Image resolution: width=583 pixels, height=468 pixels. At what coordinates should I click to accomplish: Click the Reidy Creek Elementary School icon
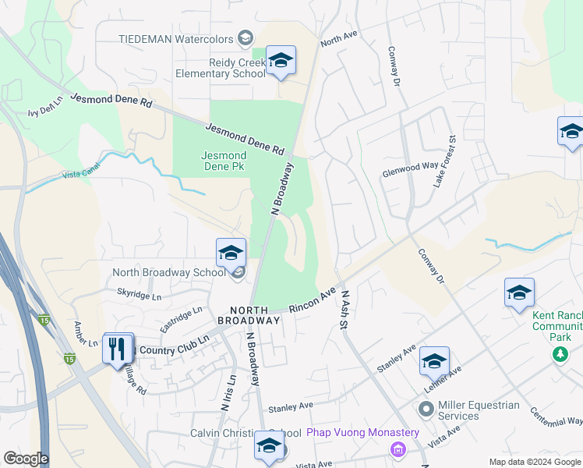(x=281, y=60)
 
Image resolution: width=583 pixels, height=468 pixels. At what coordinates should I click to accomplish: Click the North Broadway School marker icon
(x=231, y=253)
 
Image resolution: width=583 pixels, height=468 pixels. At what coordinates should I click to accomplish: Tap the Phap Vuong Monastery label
(x=362, y=433)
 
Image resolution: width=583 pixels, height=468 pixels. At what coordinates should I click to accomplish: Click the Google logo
(x=26, y=459)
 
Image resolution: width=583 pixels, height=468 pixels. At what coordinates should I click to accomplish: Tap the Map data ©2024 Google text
(x=534, y=462)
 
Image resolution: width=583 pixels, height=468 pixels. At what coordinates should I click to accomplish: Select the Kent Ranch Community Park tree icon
(x=560, y=355)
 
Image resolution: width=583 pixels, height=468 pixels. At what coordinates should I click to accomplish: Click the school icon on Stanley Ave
(x=434, y=361)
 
